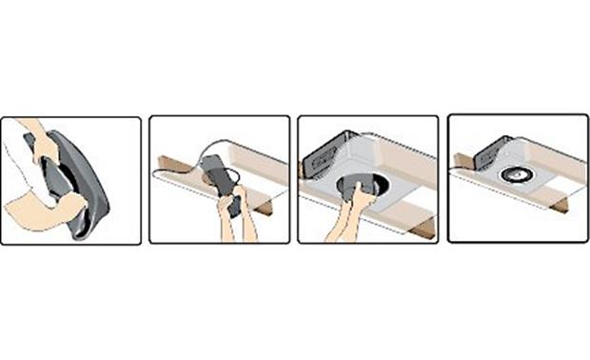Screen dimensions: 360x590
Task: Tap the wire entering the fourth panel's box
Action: (x=466, y=170)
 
